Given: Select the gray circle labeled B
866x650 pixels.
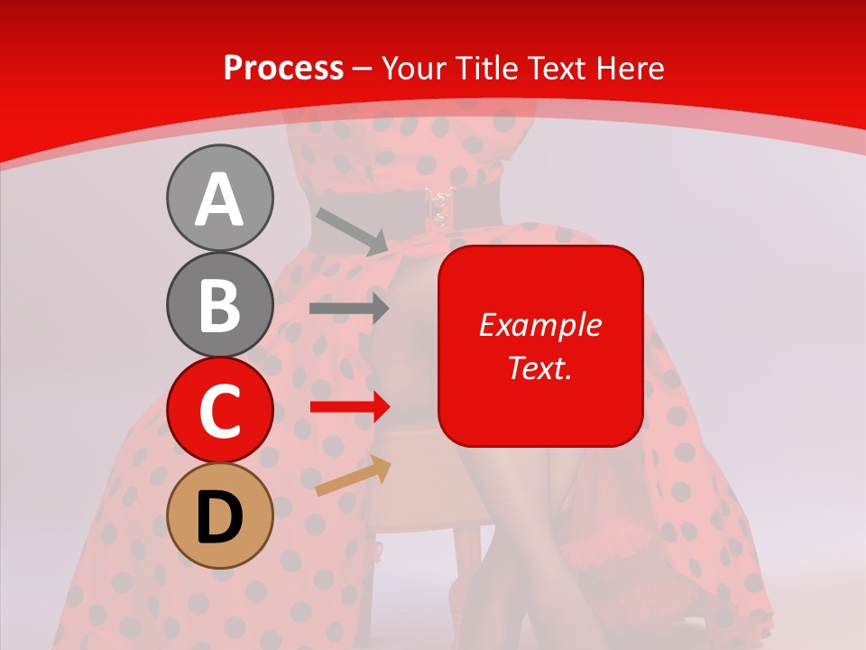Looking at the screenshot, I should pos(219,305).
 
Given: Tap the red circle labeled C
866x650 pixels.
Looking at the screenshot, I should pos(219,411).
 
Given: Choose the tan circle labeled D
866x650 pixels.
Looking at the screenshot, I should pos(219,515).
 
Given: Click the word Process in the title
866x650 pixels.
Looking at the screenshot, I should pos(283,69).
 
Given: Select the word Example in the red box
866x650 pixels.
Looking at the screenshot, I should pos(539,325).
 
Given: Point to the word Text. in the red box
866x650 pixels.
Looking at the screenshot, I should pos(539,367).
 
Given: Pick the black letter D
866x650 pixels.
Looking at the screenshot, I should pos(219,517).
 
